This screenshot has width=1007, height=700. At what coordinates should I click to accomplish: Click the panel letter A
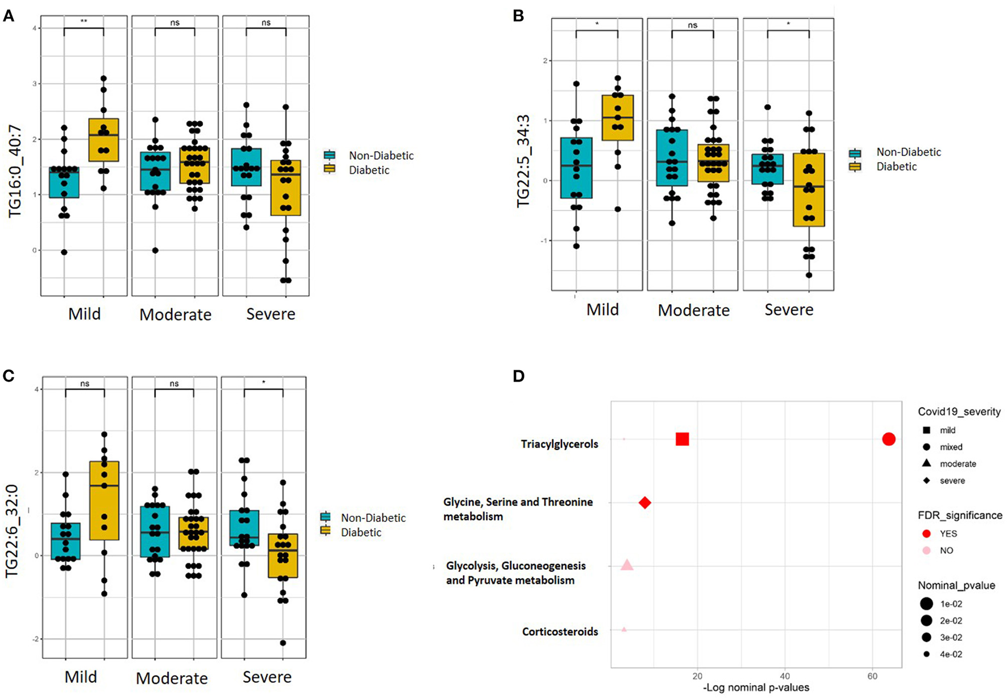coord(9,15)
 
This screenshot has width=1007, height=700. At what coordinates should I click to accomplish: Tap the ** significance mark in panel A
coord(84,22)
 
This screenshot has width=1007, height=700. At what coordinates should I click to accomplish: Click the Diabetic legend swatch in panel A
coord(329,169)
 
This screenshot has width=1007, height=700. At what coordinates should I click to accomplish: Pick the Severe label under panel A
coord(271,314)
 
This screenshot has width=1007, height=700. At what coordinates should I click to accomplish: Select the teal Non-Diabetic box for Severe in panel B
coord(767,169)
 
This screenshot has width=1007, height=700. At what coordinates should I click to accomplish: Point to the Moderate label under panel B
coord(693,310)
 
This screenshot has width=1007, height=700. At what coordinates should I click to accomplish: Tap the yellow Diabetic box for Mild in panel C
coord(105,500)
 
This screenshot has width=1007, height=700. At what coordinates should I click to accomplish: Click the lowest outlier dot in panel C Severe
coord(283,643)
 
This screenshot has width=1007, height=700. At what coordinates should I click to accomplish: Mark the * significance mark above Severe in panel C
coord(264,383)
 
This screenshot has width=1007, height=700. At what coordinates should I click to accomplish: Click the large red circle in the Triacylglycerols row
coord(889,439)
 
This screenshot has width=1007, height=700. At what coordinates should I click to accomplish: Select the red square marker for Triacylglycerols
coord(682,439)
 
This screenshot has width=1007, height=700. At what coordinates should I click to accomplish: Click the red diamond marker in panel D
coord(644,503)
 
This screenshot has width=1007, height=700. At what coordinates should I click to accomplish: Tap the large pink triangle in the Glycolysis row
coord(627,565)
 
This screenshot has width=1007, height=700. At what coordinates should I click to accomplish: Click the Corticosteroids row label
coord(560,631)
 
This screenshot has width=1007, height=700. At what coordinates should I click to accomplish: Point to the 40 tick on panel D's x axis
coord(785,676)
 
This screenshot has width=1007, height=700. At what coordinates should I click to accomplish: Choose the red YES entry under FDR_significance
coord(926,533)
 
